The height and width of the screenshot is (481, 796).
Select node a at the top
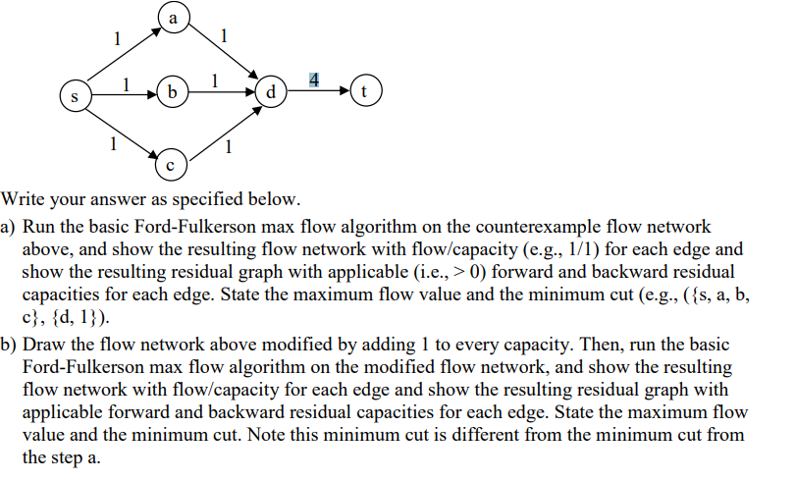(x=173, y=19)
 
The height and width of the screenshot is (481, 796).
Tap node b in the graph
(x=173, y=94)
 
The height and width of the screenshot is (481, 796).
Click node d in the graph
(x=271, y=94)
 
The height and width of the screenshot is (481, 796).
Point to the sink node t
(x=366, y=94)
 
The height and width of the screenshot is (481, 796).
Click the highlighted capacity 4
(x=313, y=79)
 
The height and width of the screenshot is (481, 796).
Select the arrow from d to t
(x=319, y=94)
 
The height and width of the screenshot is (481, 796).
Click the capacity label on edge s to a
(x=118, y=39)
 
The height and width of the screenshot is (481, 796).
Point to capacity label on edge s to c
(x=114, y=143)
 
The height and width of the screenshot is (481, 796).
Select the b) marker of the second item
(x=9, y=345)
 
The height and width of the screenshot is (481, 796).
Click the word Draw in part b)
(x=42, y=345)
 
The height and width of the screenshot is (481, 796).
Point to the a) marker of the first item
(x=9, y=227)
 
